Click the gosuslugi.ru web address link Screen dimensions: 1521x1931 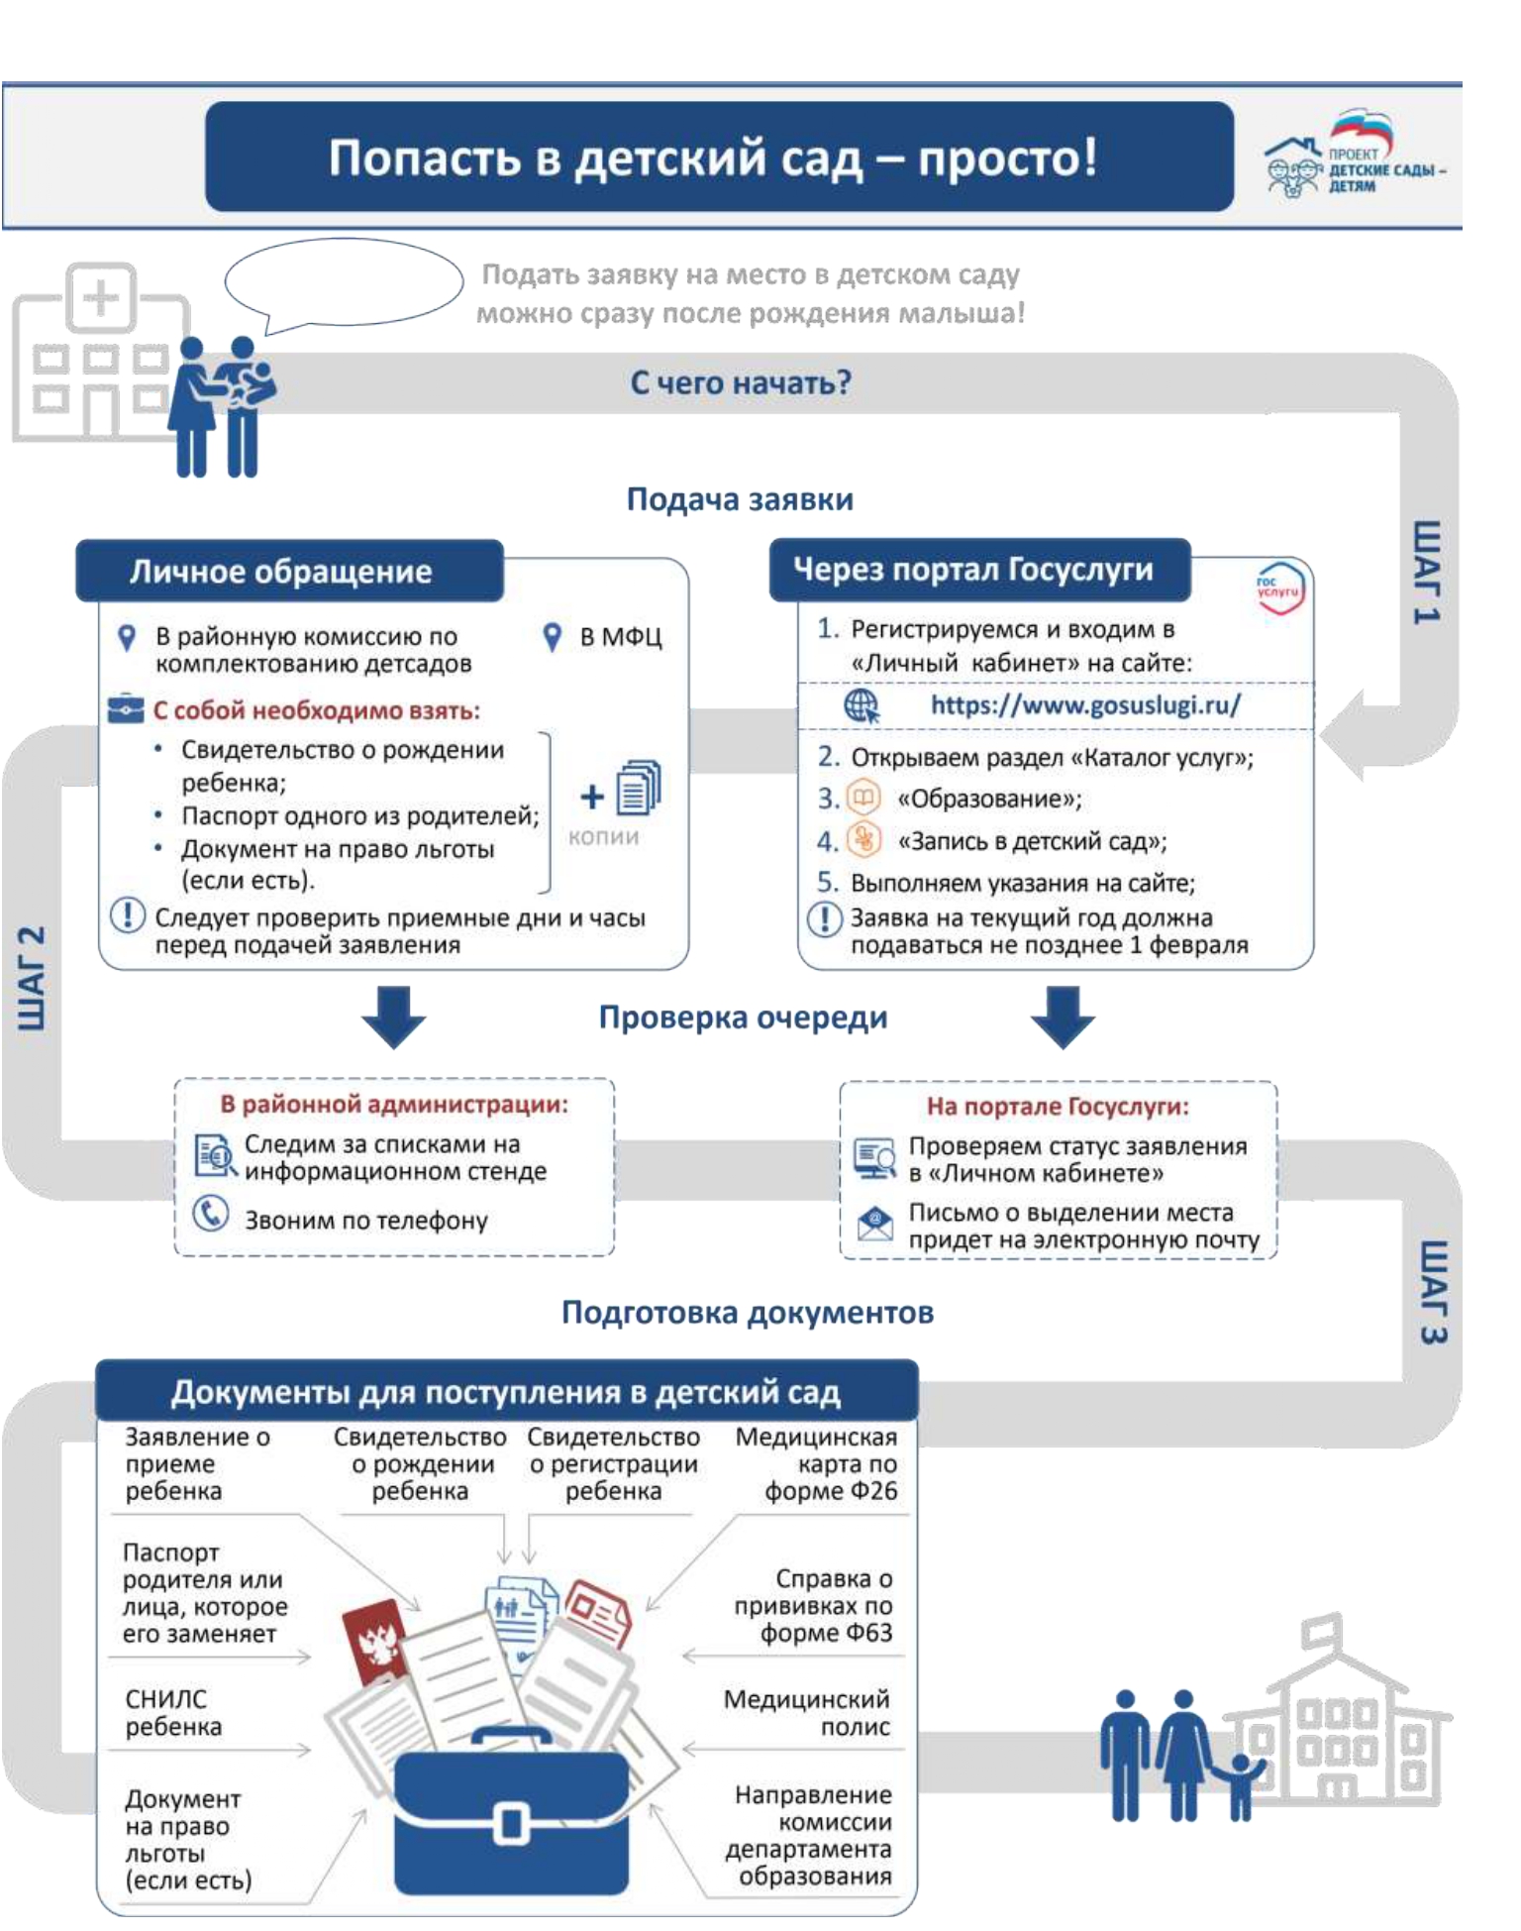pos(1084,705)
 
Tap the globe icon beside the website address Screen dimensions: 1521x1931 pos(862,705)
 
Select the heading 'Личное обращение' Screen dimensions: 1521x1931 pos(280,572)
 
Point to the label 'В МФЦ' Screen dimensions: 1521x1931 pos(621,637)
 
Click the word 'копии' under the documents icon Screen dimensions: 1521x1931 pos(603,837)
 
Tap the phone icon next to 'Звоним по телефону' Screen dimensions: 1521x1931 pos(210,1214)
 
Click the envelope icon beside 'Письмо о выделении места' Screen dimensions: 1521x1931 pos(874,1224)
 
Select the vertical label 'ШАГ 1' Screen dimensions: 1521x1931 pos(1427,572)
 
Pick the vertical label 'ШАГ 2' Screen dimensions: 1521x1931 pos(32,979)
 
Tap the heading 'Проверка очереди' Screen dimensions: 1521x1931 pos(743,1018)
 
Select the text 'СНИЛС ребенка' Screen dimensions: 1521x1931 pos(173,1713)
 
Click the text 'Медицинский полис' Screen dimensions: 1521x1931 pos(807,1713)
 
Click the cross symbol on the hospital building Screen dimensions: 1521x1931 pos(100,297)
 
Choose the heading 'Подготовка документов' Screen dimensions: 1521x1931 pos(748,1313)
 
